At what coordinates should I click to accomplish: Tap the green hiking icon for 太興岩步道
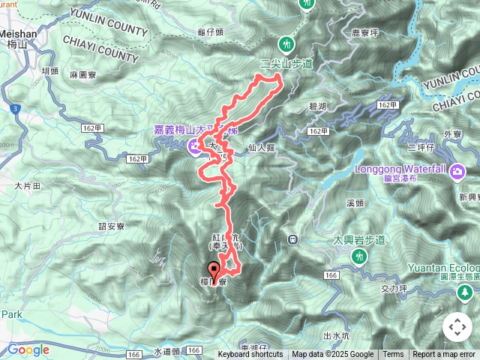(359, 256)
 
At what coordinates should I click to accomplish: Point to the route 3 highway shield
(16, 109)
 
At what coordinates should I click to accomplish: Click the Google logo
(28, 349)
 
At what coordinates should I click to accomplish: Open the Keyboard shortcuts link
(250, 355)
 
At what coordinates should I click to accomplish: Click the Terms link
(393, 355)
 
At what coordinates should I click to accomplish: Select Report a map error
(445, 355)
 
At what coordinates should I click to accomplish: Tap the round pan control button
(457, 327)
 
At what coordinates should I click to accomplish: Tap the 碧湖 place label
(319, 107)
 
